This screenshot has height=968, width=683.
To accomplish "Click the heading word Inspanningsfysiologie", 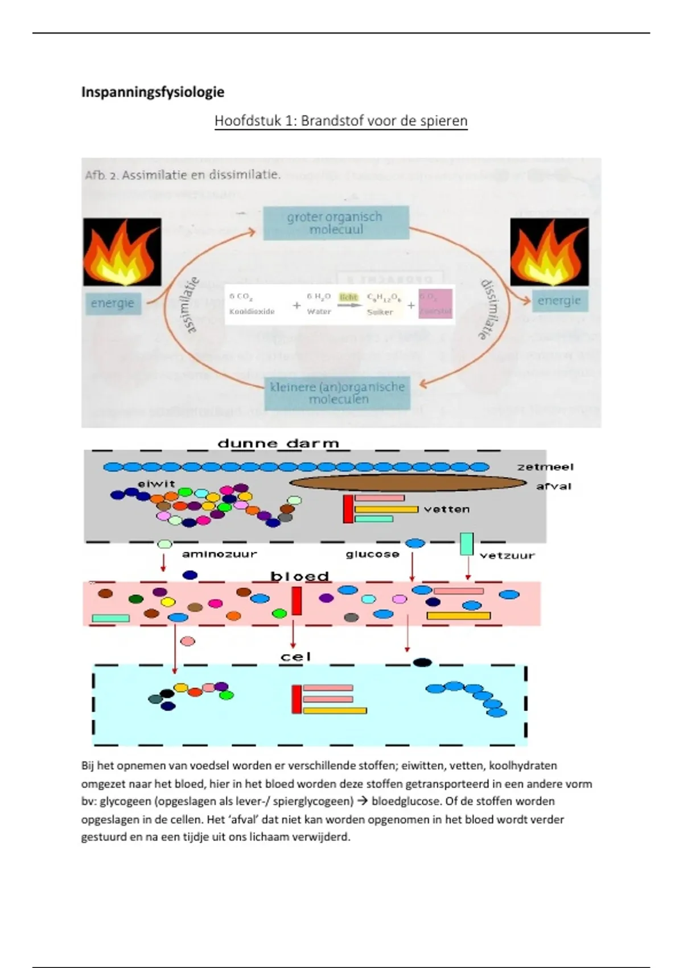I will (x=153, y=92).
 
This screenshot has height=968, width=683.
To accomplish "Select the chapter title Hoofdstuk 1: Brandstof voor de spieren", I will (x=340, y=121).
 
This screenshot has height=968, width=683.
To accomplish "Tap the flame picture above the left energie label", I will (x=122, y=252).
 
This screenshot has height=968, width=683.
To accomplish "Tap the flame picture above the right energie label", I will (x=549, y=252).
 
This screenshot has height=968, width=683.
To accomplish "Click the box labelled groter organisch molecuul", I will (x=335, y=223).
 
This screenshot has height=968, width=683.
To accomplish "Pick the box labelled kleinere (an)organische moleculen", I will (x=338, y=392).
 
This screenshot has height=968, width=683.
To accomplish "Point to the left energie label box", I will (x=113, y=303).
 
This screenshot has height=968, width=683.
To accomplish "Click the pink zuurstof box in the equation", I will (x=435, y=303).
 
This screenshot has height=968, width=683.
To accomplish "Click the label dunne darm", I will (x=278, y=443).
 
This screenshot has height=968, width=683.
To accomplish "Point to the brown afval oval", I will (x=408, y=483).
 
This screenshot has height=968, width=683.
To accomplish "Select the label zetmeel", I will (x=545, y=467).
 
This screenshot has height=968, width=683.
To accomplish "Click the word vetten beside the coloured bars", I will (x=447, y=509).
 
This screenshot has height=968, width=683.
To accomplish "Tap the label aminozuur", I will (x=219, y=553).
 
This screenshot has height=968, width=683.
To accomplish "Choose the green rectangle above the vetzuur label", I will (x=467, y=544).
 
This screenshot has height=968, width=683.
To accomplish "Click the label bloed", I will (x=299, y=576).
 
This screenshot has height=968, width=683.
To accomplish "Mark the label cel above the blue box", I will (x=296, y=657).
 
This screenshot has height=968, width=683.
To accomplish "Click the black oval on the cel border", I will (x=422, y=662).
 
